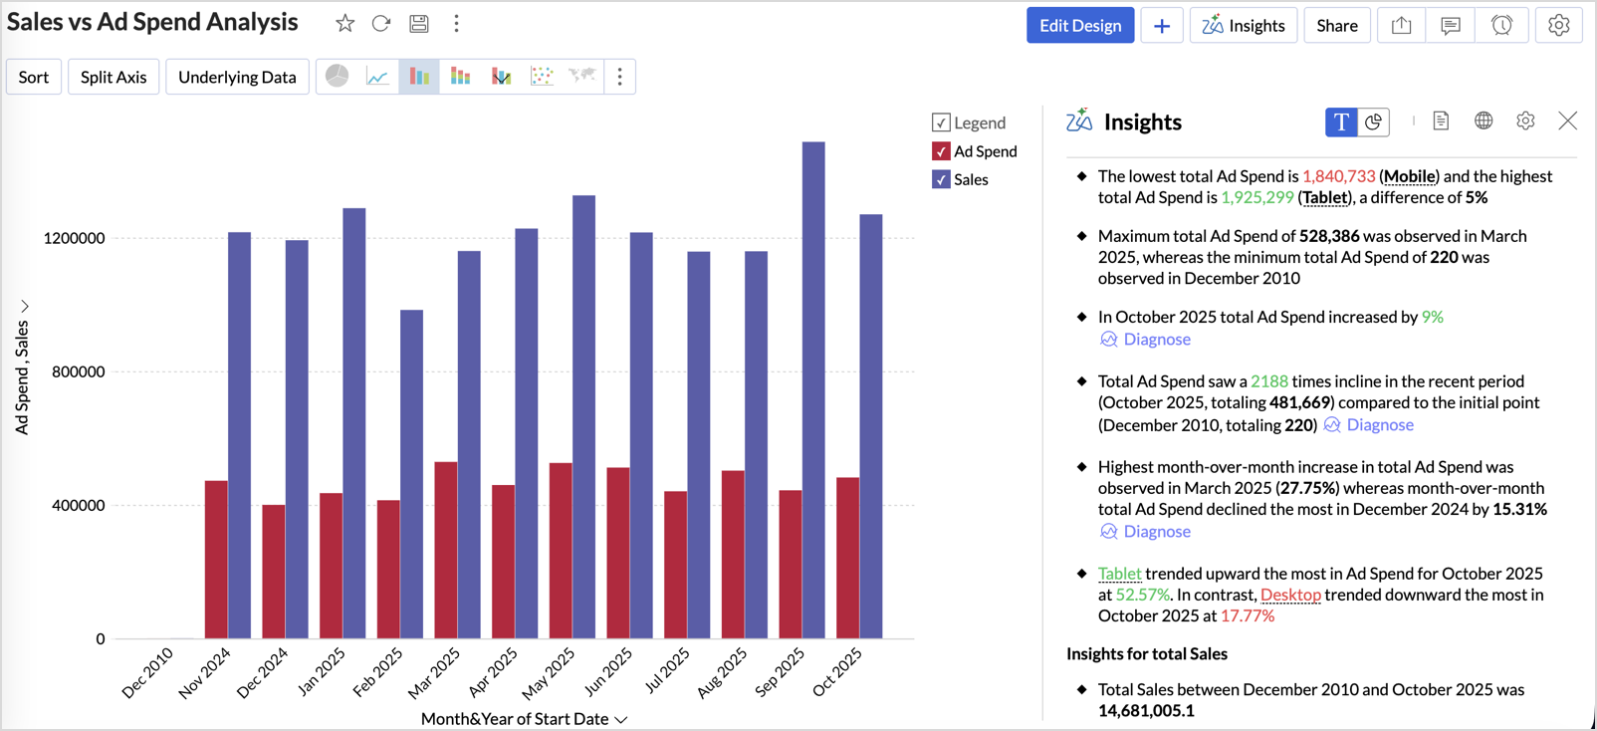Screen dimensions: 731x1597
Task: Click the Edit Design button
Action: point(1079,26)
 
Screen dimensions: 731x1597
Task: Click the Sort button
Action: point(34,77)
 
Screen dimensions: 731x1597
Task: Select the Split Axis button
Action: point(114,77)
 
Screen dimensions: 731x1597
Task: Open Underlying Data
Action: point(237,77)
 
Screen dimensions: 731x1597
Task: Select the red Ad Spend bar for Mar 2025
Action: point(446,550)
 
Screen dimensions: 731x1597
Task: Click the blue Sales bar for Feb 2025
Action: point(411,474)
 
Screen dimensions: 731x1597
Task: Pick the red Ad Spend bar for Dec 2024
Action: point(274,571)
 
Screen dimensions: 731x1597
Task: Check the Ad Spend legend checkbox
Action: point(941,151)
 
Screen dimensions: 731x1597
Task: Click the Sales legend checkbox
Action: point(941,180)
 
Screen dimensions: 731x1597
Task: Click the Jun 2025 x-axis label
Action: point(608,670)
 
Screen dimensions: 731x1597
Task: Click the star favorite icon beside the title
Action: point(344,23)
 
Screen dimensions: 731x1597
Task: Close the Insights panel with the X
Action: point(1567,122)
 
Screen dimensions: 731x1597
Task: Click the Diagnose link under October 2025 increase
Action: point(1156,340)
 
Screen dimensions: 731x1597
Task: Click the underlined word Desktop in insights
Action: point(1290,595)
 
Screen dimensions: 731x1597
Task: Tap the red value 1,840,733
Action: point(1338,176)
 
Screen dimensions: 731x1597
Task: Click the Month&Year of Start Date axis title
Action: point(515,719)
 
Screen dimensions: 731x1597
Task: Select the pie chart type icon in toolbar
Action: point(338,77)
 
